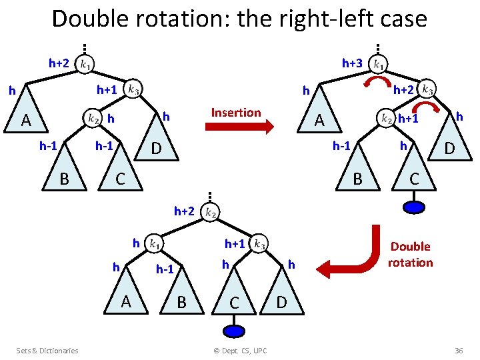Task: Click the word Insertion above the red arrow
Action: click(236, 112)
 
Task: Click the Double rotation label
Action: click(410, 254)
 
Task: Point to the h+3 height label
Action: click(352, 63)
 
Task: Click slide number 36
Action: click(458, 351)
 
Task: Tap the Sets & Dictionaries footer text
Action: click(47, 351)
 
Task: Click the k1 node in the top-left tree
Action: click(86, 64)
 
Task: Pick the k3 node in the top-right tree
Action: click(428, 89)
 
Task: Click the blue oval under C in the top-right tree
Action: click(415, 207)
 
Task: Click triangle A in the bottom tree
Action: click(126, 297)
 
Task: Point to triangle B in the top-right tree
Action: click(358, 172)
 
